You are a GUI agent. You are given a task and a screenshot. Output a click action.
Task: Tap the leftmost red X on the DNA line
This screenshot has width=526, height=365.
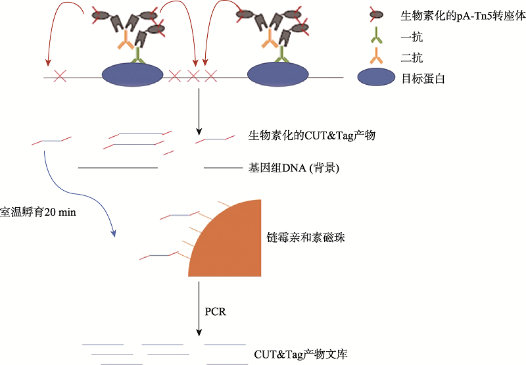pos(60,77)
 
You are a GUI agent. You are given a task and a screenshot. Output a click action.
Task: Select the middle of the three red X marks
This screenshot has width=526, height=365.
pos(193,77)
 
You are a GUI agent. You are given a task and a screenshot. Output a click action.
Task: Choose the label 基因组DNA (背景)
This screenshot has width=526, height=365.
pos(293,168)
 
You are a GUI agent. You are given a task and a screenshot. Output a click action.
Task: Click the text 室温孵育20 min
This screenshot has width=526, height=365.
pos(39,214)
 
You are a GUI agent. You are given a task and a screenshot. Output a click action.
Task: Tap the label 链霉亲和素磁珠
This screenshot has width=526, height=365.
pos(306,237)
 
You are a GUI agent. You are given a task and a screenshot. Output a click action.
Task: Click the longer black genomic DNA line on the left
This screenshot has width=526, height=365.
pos(118,168)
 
